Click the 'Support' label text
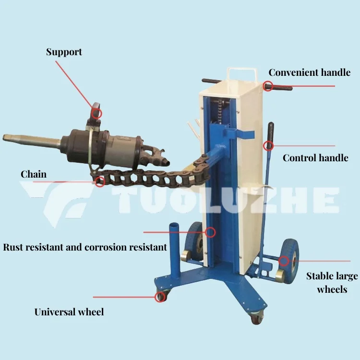64,52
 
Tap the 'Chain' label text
34,174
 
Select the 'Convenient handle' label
309,73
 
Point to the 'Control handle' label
315,158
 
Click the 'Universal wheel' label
69,312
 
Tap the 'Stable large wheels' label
332,282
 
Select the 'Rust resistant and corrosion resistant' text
85,248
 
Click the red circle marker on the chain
100,181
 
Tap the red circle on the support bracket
97,113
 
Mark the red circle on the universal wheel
159,297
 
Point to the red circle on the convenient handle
268,86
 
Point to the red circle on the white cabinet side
210,232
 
